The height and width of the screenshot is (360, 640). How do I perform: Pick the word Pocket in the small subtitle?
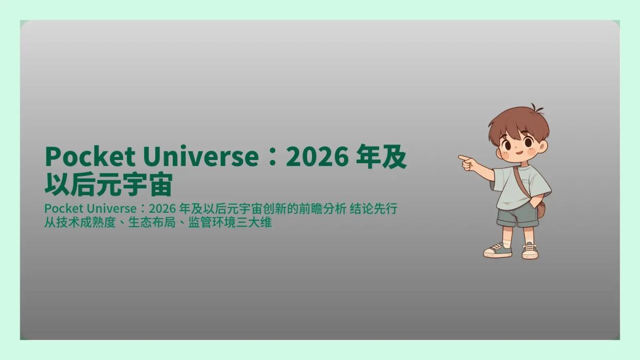pyautogui.click(x=61, y=209)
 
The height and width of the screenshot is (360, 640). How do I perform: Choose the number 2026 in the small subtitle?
pyautogui.click(x=162, y=209)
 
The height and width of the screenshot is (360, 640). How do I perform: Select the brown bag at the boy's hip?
pyautogui.click(x=541, y=209)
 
